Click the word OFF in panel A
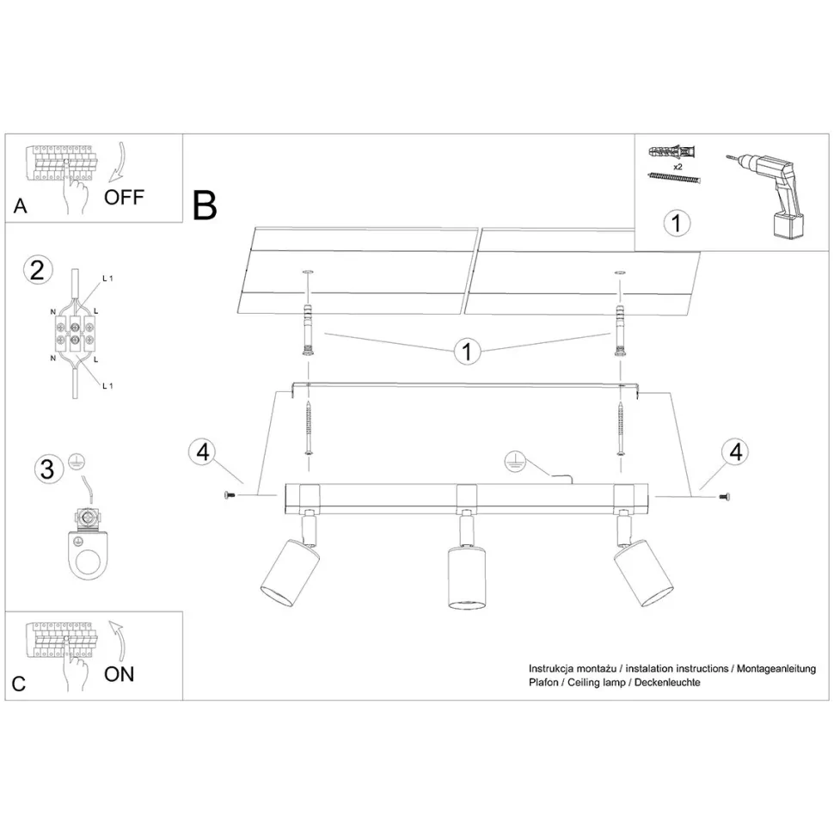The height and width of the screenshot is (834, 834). [x=125, y=197]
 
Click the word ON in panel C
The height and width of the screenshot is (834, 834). [x=120, y=673]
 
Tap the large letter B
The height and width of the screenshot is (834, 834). [x=205, y=205]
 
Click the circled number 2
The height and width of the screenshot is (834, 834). [x=36, y=270]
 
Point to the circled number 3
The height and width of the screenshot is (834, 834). [x=48, y=469]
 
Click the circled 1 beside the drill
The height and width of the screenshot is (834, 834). [x=677, y=223]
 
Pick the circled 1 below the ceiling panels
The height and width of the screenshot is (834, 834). [x=467, y=352]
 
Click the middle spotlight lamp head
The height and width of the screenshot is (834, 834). [x=464, y=576]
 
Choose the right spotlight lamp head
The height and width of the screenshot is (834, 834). [x=643, y=571]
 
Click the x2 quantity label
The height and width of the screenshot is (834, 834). [x=677, y=166]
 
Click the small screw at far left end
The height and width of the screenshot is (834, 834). [x=229, y=494]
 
